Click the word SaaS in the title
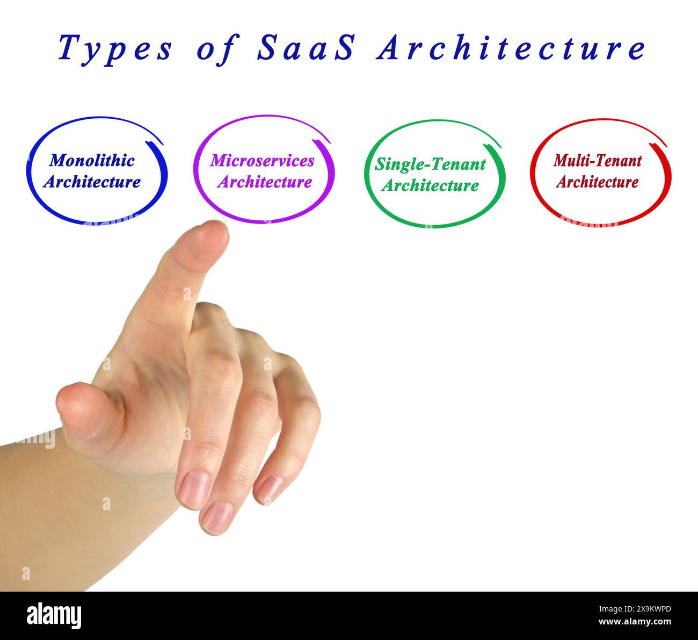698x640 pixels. tap(306, 48)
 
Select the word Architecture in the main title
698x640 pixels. tap(511, 48)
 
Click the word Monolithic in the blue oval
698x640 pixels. tap(92, 160)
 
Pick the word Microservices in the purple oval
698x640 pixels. tap(262, 160)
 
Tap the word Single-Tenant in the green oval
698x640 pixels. tap(430, 164)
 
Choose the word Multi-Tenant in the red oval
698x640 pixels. tap(597, 160)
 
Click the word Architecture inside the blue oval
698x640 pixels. tap(92, 182)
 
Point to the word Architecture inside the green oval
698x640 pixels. tap(430, 185)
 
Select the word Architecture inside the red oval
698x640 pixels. tap(597, 182)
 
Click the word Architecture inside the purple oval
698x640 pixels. tap(264, 182)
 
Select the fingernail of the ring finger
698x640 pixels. tap(217, 516)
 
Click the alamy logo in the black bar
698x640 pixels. tap(54, 615)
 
